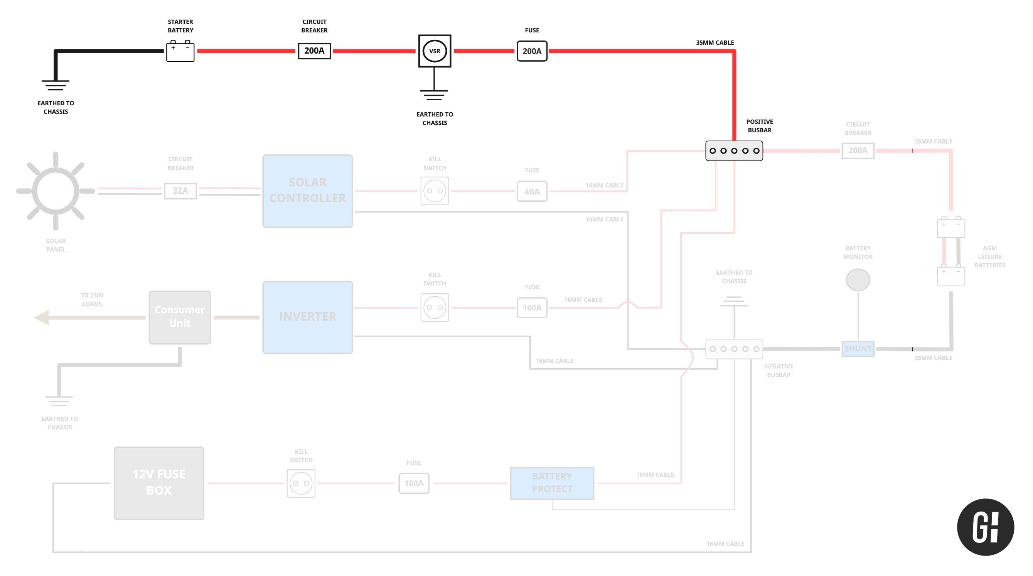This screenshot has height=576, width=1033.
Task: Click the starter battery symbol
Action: pos(180,51)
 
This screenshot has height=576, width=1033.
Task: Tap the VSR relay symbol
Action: pos(434,51)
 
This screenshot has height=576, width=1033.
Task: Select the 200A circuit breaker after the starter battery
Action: pos(314,51)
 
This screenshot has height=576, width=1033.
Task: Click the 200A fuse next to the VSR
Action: pos(532,51)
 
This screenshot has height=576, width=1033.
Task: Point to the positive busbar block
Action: pos(734,151)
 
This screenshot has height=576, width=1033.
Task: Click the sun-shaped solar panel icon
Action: pos(56,191)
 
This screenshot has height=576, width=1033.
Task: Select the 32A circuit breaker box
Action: pos(180,191)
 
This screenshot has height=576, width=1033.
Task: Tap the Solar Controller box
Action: pos(308,191)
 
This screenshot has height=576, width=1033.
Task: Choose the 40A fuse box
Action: pos(532,191)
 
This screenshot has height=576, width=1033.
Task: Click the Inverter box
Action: pos(308,317)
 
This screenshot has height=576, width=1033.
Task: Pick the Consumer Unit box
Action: pos(180,317)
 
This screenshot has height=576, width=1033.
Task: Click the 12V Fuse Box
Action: pos(159,483)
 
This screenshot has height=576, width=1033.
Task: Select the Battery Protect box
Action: pos(552,483)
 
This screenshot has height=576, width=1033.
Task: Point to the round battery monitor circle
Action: pos(858,280)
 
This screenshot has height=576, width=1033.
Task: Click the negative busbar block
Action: pos(734,349)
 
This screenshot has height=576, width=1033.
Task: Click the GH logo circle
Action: pos(985,527)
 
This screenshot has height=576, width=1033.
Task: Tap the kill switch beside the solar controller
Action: pos(434,191)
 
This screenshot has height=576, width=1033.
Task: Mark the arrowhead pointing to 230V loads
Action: pos(42,317)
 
